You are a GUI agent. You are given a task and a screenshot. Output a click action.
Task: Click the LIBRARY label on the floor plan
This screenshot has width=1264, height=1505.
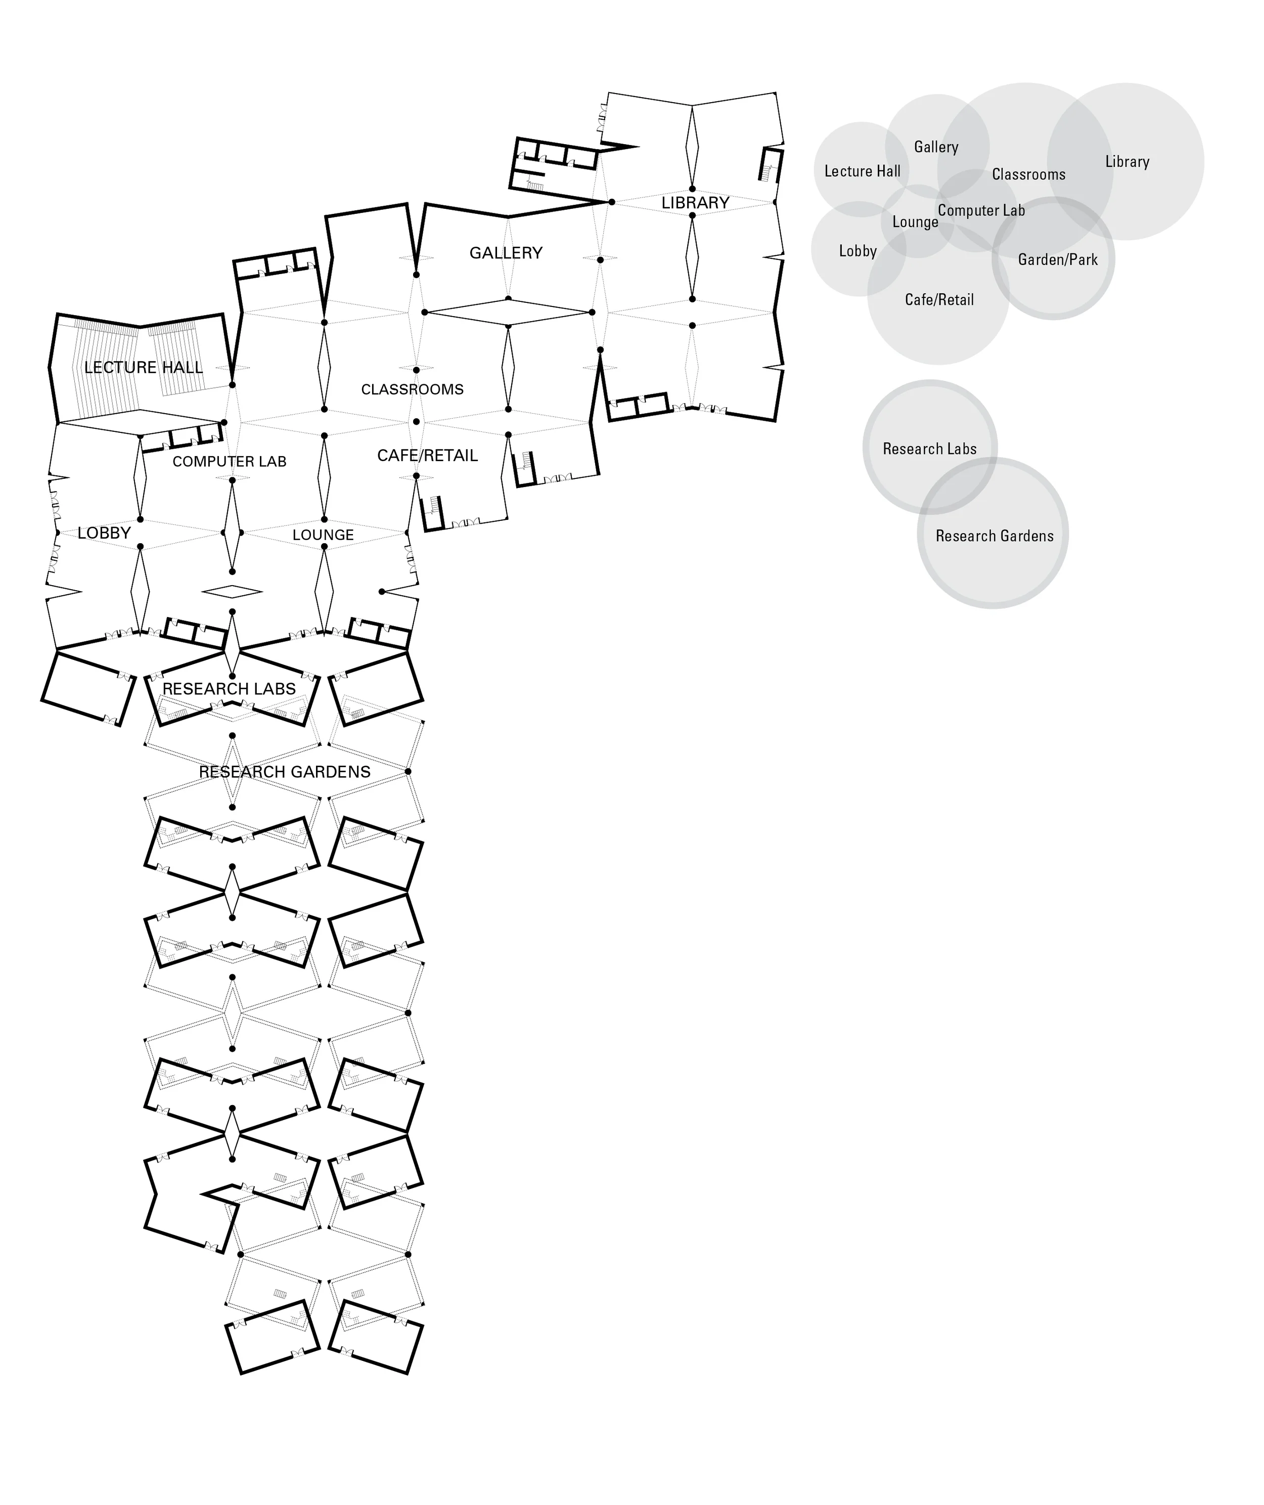tap(695, 203)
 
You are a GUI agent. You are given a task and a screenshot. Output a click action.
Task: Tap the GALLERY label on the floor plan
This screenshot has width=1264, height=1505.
tap(506, 253)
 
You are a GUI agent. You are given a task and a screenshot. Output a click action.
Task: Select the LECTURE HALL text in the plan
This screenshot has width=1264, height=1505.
tap(143, 368)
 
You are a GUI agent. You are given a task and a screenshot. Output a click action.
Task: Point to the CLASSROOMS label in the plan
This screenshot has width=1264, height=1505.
tap(412, 389)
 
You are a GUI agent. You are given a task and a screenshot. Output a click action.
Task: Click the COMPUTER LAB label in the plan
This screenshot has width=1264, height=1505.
tap(230, 462)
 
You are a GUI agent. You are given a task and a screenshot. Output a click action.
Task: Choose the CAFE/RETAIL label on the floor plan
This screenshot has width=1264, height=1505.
tap(427, 456)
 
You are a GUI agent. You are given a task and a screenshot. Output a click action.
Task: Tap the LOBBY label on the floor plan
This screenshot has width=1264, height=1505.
tap(104, 533)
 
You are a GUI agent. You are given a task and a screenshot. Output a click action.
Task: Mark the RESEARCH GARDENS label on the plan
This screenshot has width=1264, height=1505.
tap(285, 772)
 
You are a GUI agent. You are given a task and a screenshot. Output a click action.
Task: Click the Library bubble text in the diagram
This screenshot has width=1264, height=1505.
tap(1127, 162)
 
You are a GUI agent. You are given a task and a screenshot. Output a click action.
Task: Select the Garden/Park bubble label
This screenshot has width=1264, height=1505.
tap(1058, 259)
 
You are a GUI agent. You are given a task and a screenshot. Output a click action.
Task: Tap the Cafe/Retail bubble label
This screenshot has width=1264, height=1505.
tap(939, 299)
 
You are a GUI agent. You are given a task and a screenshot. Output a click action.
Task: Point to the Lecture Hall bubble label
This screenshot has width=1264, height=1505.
tap(862, 171)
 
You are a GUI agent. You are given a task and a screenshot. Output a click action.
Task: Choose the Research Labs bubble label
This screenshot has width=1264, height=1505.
tap(929, 449)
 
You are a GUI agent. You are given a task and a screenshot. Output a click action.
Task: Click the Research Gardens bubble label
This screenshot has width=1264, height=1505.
tap(995, 536)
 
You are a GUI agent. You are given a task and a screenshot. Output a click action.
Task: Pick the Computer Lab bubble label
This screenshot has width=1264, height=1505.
tap(981, 211)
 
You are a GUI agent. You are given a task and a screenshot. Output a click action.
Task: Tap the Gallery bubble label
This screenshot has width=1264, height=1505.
tap(936, 147)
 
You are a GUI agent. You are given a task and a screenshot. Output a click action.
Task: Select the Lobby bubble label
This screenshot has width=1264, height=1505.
tap(857, 251)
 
